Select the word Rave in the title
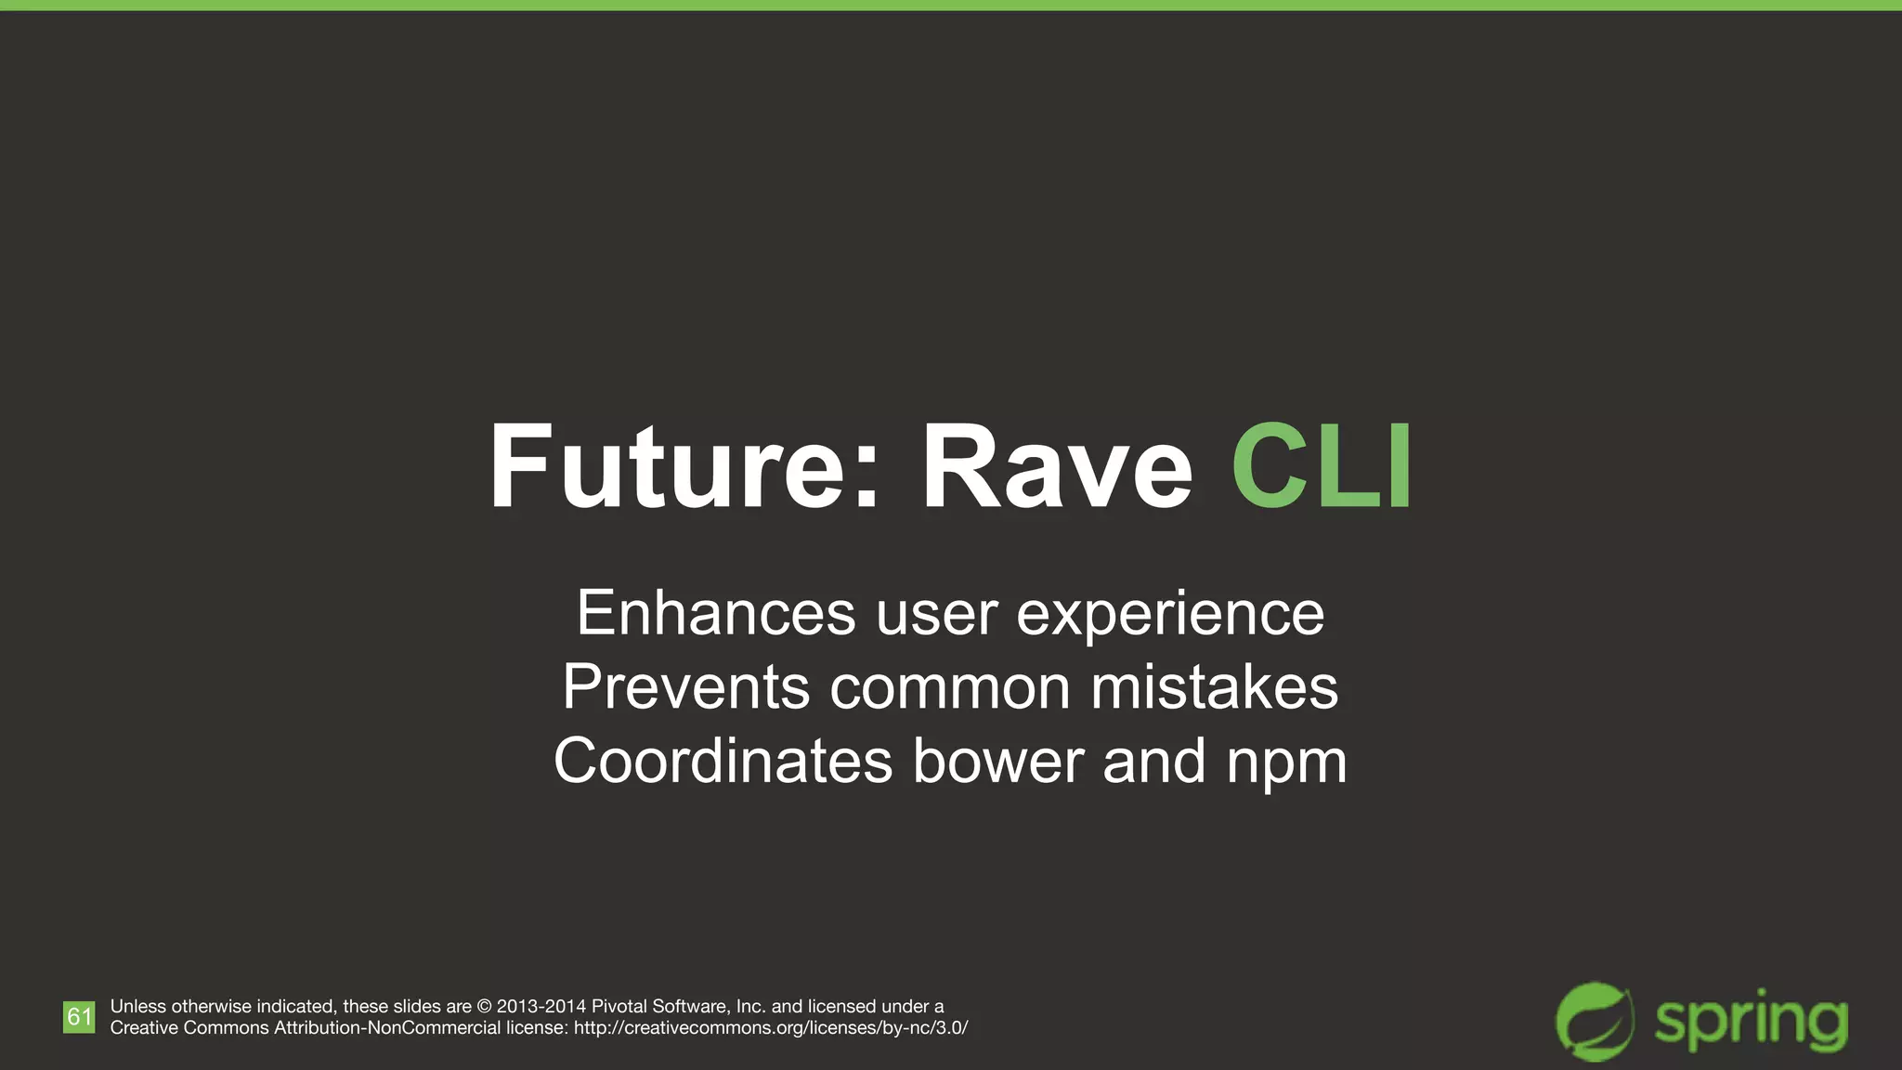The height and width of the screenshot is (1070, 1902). tap(1056, 466)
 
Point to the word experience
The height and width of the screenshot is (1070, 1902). tap(1170, 615)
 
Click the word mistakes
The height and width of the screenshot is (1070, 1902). tap(1214, 687)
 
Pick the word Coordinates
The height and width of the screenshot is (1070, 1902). tap(723, 761)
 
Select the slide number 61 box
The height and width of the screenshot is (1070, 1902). tap(79, 1017)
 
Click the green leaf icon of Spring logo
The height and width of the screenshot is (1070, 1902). tap(1595, 1022)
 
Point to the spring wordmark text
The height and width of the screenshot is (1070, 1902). tap(1752, 1024)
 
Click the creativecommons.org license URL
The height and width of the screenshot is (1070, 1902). tap(771, 1028)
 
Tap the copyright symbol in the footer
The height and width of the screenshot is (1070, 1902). tap(484, 1007)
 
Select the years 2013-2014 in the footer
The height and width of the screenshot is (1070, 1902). tap(541, 1007)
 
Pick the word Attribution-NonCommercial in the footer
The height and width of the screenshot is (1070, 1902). tap(387, 1028)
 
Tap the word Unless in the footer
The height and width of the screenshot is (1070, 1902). tap(138, 1007)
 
